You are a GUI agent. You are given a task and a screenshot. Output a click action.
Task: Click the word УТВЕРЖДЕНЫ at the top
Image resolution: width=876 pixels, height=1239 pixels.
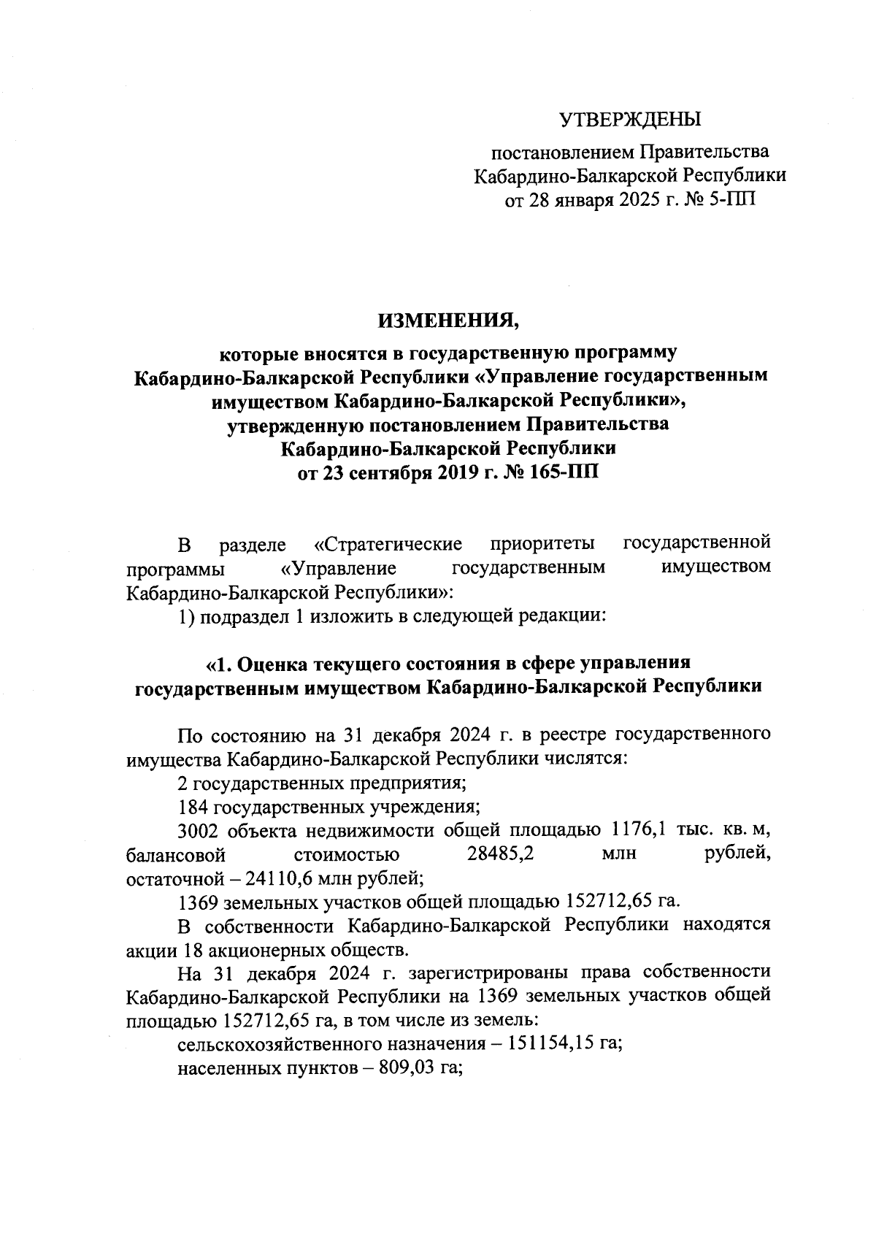629,119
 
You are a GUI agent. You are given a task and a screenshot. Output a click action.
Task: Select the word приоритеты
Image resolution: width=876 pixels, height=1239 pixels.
542,545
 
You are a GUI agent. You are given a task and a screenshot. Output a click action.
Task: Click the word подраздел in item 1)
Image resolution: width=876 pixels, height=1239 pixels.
245,615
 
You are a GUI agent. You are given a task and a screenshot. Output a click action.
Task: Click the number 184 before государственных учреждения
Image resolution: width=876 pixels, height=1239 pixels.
193,807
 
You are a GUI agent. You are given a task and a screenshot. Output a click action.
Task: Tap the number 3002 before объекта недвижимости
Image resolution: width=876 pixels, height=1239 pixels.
198,831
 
